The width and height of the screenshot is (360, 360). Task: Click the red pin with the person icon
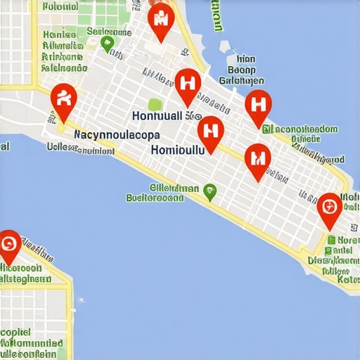(63, 100)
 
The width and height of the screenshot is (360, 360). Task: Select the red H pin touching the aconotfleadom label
(258, 106)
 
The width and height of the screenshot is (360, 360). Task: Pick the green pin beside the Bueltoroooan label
(209, 190)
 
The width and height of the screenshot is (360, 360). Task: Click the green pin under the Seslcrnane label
(107, 44)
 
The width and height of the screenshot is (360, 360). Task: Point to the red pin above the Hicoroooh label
(8, 245)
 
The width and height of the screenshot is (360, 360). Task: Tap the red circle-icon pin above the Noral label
(329, 208)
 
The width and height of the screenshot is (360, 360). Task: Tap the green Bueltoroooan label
(155, 198)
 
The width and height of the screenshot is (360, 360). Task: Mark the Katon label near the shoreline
(348, 279)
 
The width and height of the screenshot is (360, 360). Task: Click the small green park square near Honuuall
(155, 104)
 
